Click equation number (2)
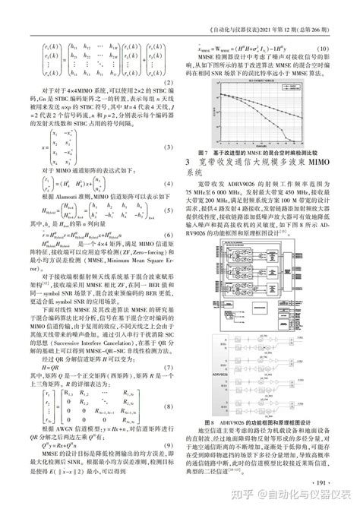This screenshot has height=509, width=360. point(172,84)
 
